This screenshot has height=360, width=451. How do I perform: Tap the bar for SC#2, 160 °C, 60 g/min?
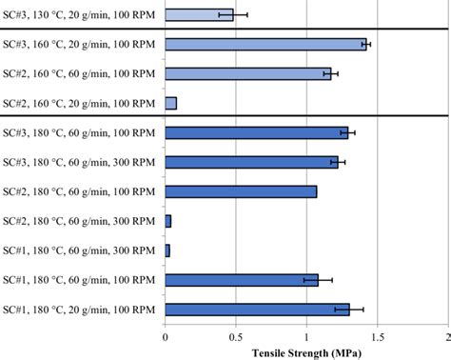tap(247, 73)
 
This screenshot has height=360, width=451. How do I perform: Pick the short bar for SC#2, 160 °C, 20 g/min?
tap(170, 103)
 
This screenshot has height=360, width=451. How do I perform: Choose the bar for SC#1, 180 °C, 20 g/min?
tap(257, 310)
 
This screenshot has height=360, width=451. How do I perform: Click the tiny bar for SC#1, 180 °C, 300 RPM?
tap(167, 250)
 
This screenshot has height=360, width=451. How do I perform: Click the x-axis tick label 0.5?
tap(236, 336)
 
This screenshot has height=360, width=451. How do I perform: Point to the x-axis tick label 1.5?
tap(377, 336)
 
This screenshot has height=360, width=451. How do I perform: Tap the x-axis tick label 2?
tap(446, 336)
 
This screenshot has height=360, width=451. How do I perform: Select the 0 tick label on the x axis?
tap(166, 336)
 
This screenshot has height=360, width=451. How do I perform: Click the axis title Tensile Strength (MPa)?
tap(306, 351)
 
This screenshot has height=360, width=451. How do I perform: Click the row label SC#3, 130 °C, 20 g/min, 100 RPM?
tap(80, 15)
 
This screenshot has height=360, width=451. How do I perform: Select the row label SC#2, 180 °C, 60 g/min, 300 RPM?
tap(80, 221)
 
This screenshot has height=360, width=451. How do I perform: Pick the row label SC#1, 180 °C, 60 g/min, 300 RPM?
tap(80, 250)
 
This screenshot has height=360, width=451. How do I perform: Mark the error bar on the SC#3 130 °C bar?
tap(233, 15)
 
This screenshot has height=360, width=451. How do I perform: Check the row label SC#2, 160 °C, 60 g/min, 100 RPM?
tap(80, 73)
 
